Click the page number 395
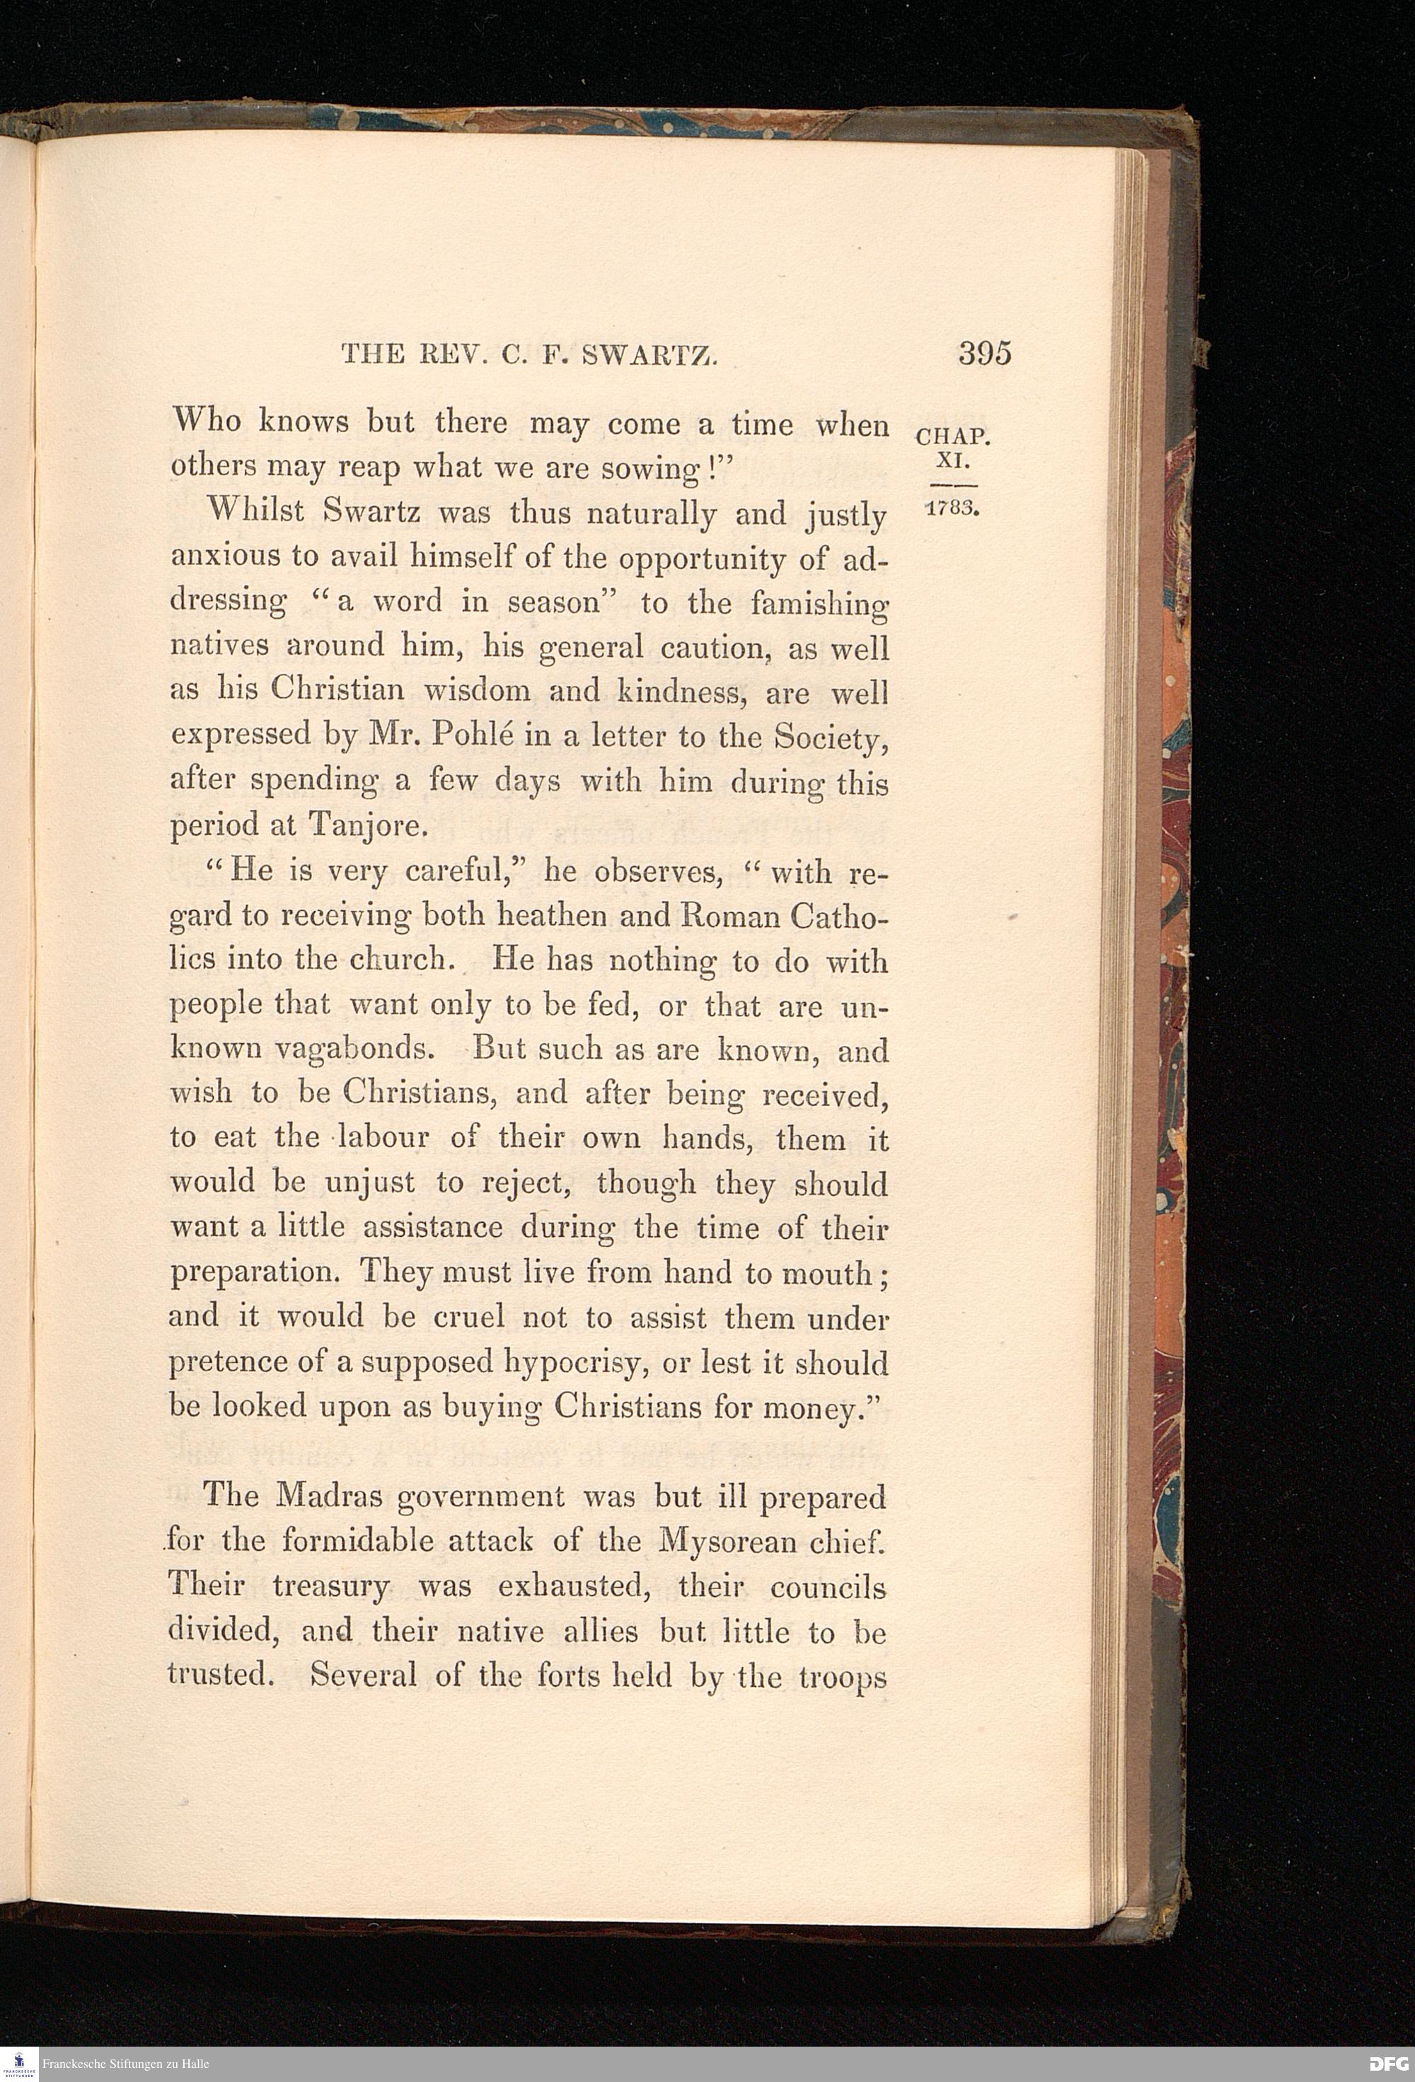[984, 353]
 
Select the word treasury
[330, 1586]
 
